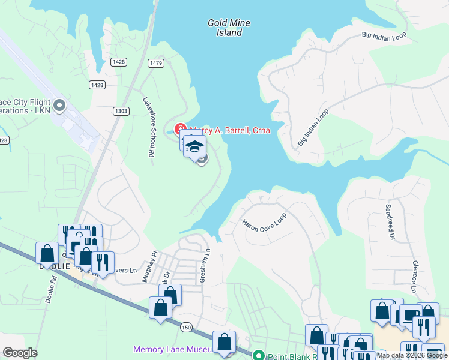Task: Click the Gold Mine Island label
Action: (x=229, y=28)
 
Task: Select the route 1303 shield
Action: (x=121, y=110)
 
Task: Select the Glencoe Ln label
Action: (x=414, y=276)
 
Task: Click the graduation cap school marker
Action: (x=194, y=146)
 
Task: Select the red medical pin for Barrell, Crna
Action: (x=179, y=129)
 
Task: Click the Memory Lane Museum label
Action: (x=172, y=349)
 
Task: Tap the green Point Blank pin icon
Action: (x=259, y=355)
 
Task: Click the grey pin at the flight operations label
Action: (x=59, y=106)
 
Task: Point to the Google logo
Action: (x=20, y=353)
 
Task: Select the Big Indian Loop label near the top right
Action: (x=384, y=35)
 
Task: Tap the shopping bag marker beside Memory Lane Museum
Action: (x=224, y=343)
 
